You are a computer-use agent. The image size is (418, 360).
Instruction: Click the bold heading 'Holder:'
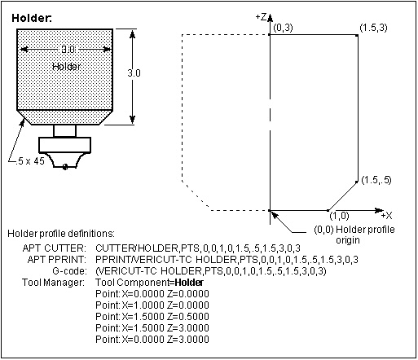coord(32,18)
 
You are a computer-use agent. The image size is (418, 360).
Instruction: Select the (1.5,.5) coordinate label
coord(376,180)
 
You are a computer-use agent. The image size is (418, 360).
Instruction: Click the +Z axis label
coord(261,17)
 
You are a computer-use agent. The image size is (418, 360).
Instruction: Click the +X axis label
coord(386,216)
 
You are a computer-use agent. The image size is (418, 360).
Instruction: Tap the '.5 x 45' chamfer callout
coord(30,161)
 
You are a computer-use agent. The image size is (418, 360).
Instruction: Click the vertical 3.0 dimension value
coord(134,73)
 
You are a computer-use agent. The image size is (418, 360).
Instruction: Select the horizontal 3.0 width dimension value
coord(68,49)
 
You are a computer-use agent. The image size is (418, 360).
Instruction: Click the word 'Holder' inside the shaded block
coord(67,67)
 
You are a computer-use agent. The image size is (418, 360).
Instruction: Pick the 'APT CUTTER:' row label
coord(55,248)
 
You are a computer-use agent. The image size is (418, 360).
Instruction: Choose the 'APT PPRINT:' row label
coord(57,260)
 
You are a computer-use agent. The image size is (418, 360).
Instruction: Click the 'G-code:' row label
coord(70,271)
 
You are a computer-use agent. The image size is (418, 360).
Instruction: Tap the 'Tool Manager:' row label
coord(53,283)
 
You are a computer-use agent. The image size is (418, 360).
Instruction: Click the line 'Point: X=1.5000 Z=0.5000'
coord(152,317)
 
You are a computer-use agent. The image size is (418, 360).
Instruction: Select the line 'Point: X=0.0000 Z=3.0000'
coord(152,340)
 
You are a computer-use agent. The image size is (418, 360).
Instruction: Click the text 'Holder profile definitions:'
coord(61,234)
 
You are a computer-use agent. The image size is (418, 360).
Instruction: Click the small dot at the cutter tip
coord(65,167)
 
